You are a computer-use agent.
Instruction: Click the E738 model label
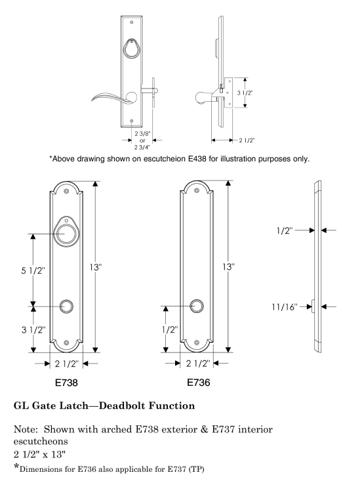coord(66,383)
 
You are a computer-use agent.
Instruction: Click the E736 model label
coord(199,382)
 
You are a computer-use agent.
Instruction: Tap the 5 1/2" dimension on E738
coord(33,270)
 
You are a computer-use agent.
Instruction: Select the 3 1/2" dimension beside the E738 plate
coord(33,330)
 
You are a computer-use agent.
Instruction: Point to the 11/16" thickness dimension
coord(285,306)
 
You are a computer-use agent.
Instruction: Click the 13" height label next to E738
coord(95,267)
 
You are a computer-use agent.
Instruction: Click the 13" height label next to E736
coord(228,267)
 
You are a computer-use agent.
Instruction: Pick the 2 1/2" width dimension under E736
coord(198,364)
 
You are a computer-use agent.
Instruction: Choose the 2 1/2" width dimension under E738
coord(67,364)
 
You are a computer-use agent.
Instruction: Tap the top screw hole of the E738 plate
coord(66,191)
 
